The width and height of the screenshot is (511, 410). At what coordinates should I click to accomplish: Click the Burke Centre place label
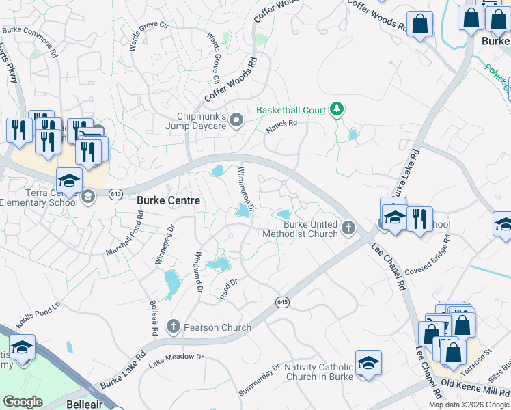[169, 200]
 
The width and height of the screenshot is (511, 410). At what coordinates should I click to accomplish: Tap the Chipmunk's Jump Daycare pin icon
[236, 120]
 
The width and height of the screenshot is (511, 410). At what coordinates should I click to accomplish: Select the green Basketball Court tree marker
[336, 109]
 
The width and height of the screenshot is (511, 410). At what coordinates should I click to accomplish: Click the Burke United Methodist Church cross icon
[348, 227]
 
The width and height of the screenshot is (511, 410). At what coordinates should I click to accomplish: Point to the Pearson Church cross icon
[174, 327]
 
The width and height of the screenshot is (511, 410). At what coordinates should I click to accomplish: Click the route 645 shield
[281, 301]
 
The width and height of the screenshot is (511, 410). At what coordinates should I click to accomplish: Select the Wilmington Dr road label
[246, 190]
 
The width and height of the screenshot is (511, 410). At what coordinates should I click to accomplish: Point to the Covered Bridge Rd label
[429, 256]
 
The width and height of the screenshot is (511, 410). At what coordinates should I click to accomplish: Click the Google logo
[23, 402]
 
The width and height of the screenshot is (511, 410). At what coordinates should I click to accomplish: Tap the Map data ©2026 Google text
[469, 405]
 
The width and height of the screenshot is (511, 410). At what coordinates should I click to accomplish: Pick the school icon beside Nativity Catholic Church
[368, 364]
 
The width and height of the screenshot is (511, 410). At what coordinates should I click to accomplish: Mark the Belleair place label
[85, 404]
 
